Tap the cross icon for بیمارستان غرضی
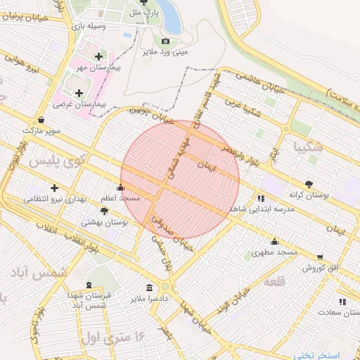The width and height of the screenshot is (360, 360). click(x=79, y=93)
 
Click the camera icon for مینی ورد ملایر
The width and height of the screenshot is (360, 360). click(x=166, y=41)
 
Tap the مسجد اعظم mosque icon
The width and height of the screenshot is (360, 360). click(x=121, y=188)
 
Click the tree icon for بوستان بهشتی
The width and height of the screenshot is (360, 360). click(x=105, y=210)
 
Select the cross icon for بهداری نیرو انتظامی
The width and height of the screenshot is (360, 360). click(x=54, y=188)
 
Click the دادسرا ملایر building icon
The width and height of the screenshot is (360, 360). click(x=149, y=288)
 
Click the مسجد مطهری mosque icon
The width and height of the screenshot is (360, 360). click(x=273, y=240)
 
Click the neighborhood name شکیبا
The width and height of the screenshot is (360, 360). click(x=310, y=148)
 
